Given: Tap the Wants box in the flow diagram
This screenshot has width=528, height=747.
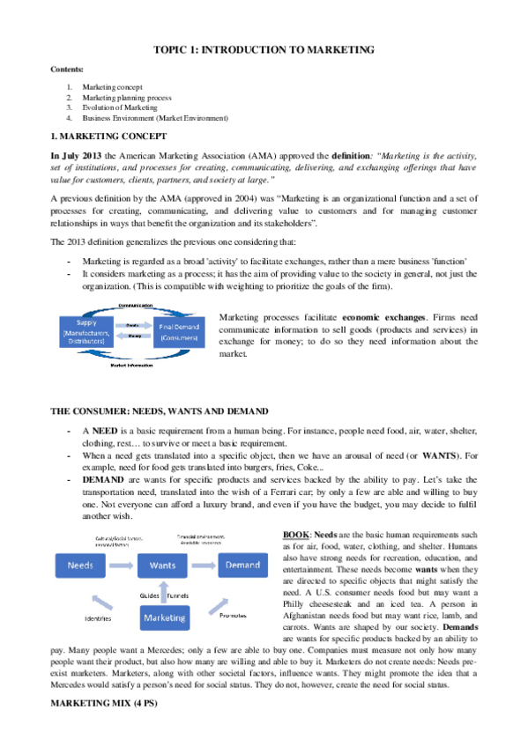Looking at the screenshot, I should pyautogui.click(x=162, y=564).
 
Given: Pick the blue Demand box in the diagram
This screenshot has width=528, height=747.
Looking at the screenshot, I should pyautogui.click(x=241, y=564).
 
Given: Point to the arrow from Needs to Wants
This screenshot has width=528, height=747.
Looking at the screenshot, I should pyautogui.click(x=123, y=564).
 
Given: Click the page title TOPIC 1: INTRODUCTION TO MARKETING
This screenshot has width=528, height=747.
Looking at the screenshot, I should pyautogui.click(x=264, y=51).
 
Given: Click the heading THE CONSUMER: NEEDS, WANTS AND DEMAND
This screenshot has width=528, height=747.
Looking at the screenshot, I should pyautogui.click(x=160, y=412).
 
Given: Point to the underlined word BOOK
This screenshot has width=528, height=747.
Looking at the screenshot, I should pyautogui.click(x=296, y=535).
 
